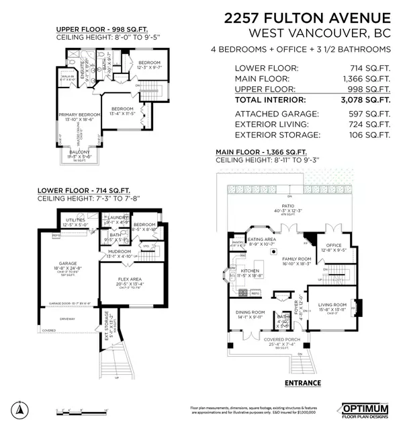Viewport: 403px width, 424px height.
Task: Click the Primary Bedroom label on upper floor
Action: [x=77, y=115]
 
